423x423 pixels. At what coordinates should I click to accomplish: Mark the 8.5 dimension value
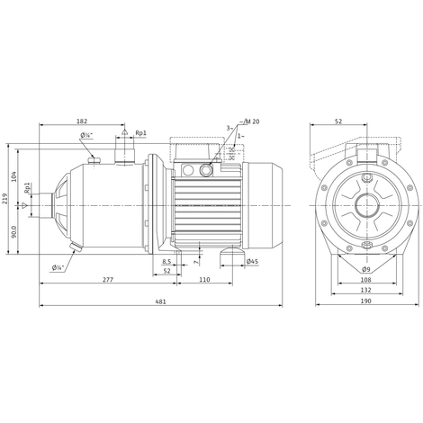166,262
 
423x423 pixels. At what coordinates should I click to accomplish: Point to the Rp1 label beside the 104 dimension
29,191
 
